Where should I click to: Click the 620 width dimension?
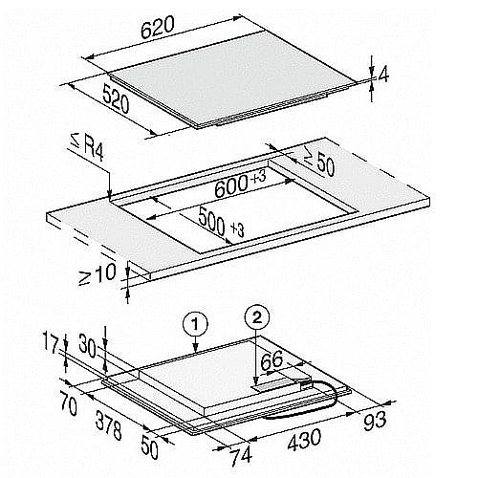(x=158, y=27)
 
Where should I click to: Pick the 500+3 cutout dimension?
(x=221, y=221)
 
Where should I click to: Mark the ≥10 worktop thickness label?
(x=97, y=274)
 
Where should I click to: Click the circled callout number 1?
(x=195, y=324)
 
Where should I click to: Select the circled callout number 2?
(x=257, y=317)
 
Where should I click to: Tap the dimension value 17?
(x=51, y=345)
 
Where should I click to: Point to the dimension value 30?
(x=87, y=345)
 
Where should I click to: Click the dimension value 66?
(x=272, y=360)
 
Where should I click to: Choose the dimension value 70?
(x=68, y=404)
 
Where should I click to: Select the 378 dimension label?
(x=108, y=425)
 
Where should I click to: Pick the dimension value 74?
(x=241, y=457)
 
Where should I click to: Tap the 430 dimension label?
(x=304, y=440)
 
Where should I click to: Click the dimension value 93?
(x=375, y=422)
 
